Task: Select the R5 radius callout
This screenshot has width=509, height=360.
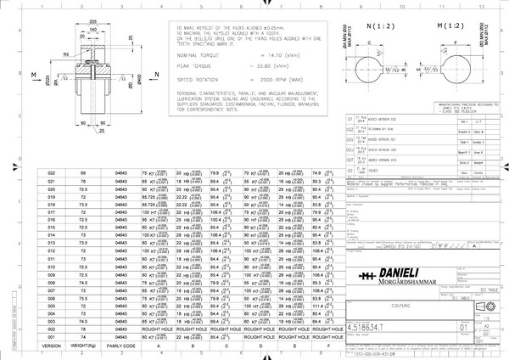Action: pos(64,54)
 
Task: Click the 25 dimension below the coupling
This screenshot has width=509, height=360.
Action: pos(99,132)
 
